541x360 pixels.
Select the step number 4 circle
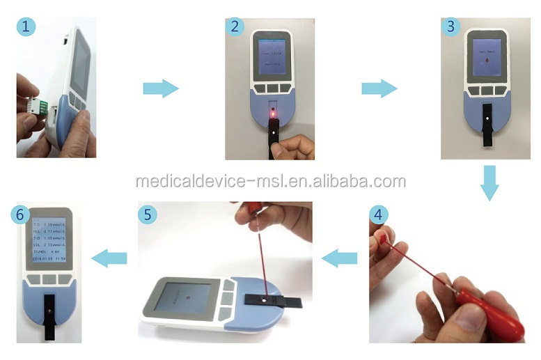tap(378, 214)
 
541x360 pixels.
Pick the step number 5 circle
tap(147, 214)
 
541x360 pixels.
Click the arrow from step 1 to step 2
tap(161, 88)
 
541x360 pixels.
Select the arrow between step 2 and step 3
tap(379, 88)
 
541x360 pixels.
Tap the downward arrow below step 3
tap(490, 182)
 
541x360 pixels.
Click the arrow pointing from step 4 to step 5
tap(342, 259)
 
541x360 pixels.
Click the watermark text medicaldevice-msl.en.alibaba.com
tap(270, 182)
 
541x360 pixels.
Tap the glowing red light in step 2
tap(274, 111)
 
